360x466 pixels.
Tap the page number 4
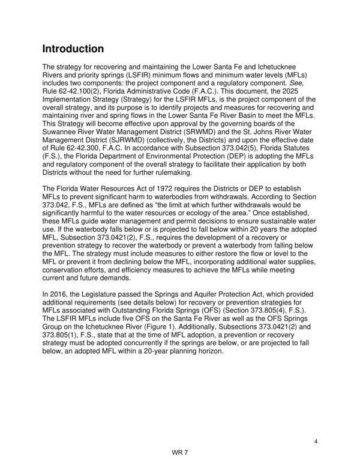pos(315,442)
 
